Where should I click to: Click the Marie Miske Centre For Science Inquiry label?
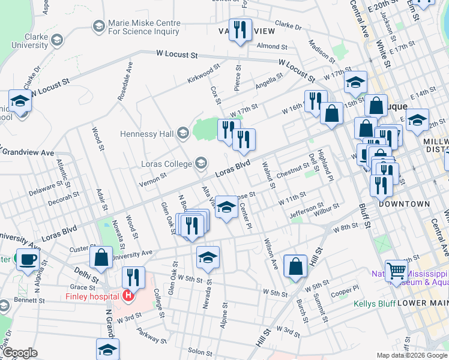click(143, 27)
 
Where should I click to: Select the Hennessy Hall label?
click(146, 133)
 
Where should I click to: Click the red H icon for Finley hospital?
click(127, 296)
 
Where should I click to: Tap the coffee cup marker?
click(27, 260)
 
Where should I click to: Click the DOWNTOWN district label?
click(404, 204)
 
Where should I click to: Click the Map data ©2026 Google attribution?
click(411, 355)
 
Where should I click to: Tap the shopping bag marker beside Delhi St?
click(101, 257)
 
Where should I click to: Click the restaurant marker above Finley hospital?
click(133, 277)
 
